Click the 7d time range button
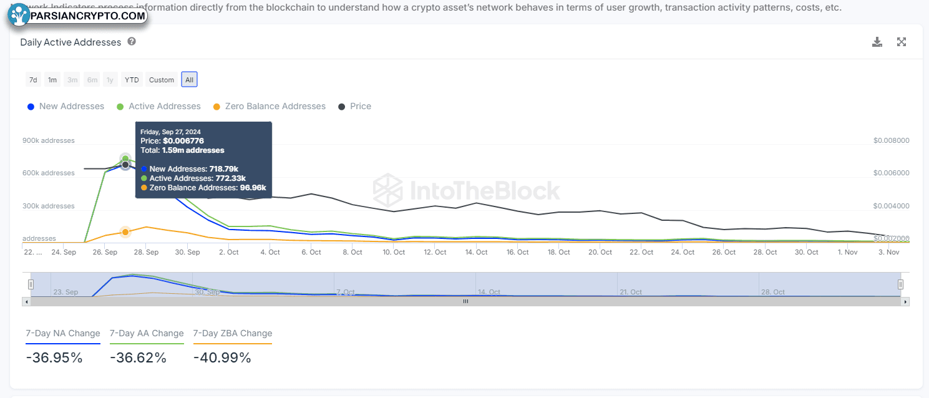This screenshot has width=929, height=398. (33, 80)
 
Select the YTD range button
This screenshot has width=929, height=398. (132, 80)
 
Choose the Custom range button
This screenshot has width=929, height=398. (162, 80)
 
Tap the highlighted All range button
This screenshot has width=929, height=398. (190, 80)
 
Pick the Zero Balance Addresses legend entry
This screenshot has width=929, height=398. (270, 107)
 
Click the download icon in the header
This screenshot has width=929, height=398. (877, 42)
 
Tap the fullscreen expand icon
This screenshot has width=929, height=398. (902, 42)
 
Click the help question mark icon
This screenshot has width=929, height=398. (132, 42)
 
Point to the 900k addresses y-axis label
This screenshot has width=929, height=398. (49, 140)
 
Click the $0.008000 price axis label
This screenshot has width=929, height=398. (892, 140)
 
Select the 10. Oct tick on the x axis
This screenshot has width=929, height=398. (394, 252)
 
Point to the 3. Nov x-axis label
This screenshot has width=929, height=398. (889, 252)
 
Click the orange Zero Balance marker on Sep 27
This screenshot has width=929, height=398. (125, 232)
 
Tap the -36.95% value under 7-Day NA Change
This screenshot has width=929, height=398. (54, 358)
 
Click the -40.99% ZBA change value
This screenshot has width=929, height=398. (222, 358)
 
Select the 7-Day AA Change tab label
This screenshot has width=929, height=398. (147, 333)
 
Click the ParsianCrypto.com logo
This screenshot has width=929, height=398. (77, 15)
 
